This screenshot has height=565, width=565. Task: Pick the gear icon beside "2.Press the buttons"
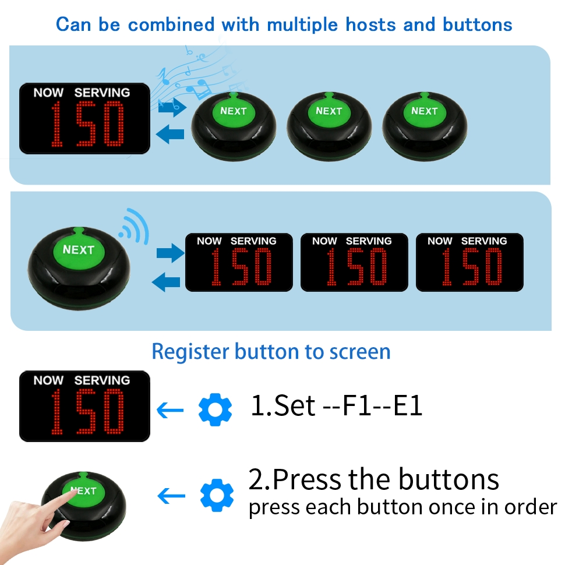pyautogui.click(x=216, y=495)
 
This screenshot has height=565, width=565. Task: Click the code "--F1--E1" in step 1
pyautogui.click(x=372, y=406)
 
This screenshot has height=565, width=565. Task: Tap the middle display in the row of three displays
pyautogui.click(x=354, y=262)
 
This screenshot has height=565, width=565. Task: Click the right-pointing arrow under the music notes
pyautogui.click(x=172, y=107)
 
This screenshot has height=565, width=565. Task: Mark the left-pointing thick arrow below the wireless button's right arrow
pyautogui.click(x=167, y=282)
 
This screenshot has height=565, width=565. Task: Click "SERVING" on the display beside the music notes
pyautogui.click(x=102, y=92)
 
